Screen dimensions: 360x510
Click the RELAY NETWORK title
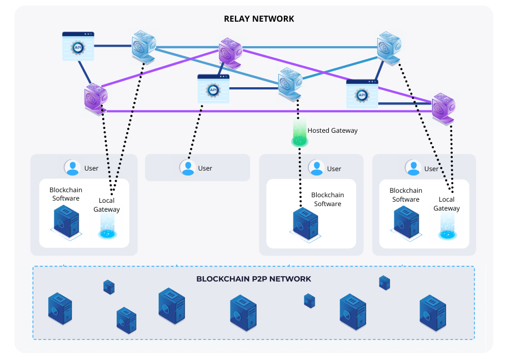click(259, 19)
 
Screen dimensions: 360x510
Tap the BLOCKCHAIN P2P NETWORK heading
click(253, 279)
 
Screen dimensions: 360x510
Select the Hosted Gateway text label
click(332, 131)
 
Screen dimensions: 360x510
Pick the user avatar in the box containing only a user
click(188, 167)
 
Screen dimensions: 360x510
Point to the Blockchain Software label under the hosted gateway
click(327, 199)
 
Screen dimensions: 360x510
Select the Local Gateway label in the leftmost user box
click(106, 205)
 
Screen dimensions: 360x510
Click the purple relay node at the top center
click(229, 52)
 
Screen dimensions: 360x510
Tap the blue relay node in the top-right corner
click(388, 46)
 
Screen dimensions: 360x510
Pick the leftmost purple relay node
click(96, 98)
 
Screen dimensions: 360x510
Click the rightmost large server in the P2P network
click(432, 312)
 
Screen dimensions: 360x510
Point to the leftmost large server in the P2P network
click(60, 308)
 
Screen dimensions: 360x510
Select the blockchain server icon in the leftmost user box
click(66, 222)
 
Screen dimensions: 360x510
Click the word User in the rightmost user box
click(431, 168)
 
